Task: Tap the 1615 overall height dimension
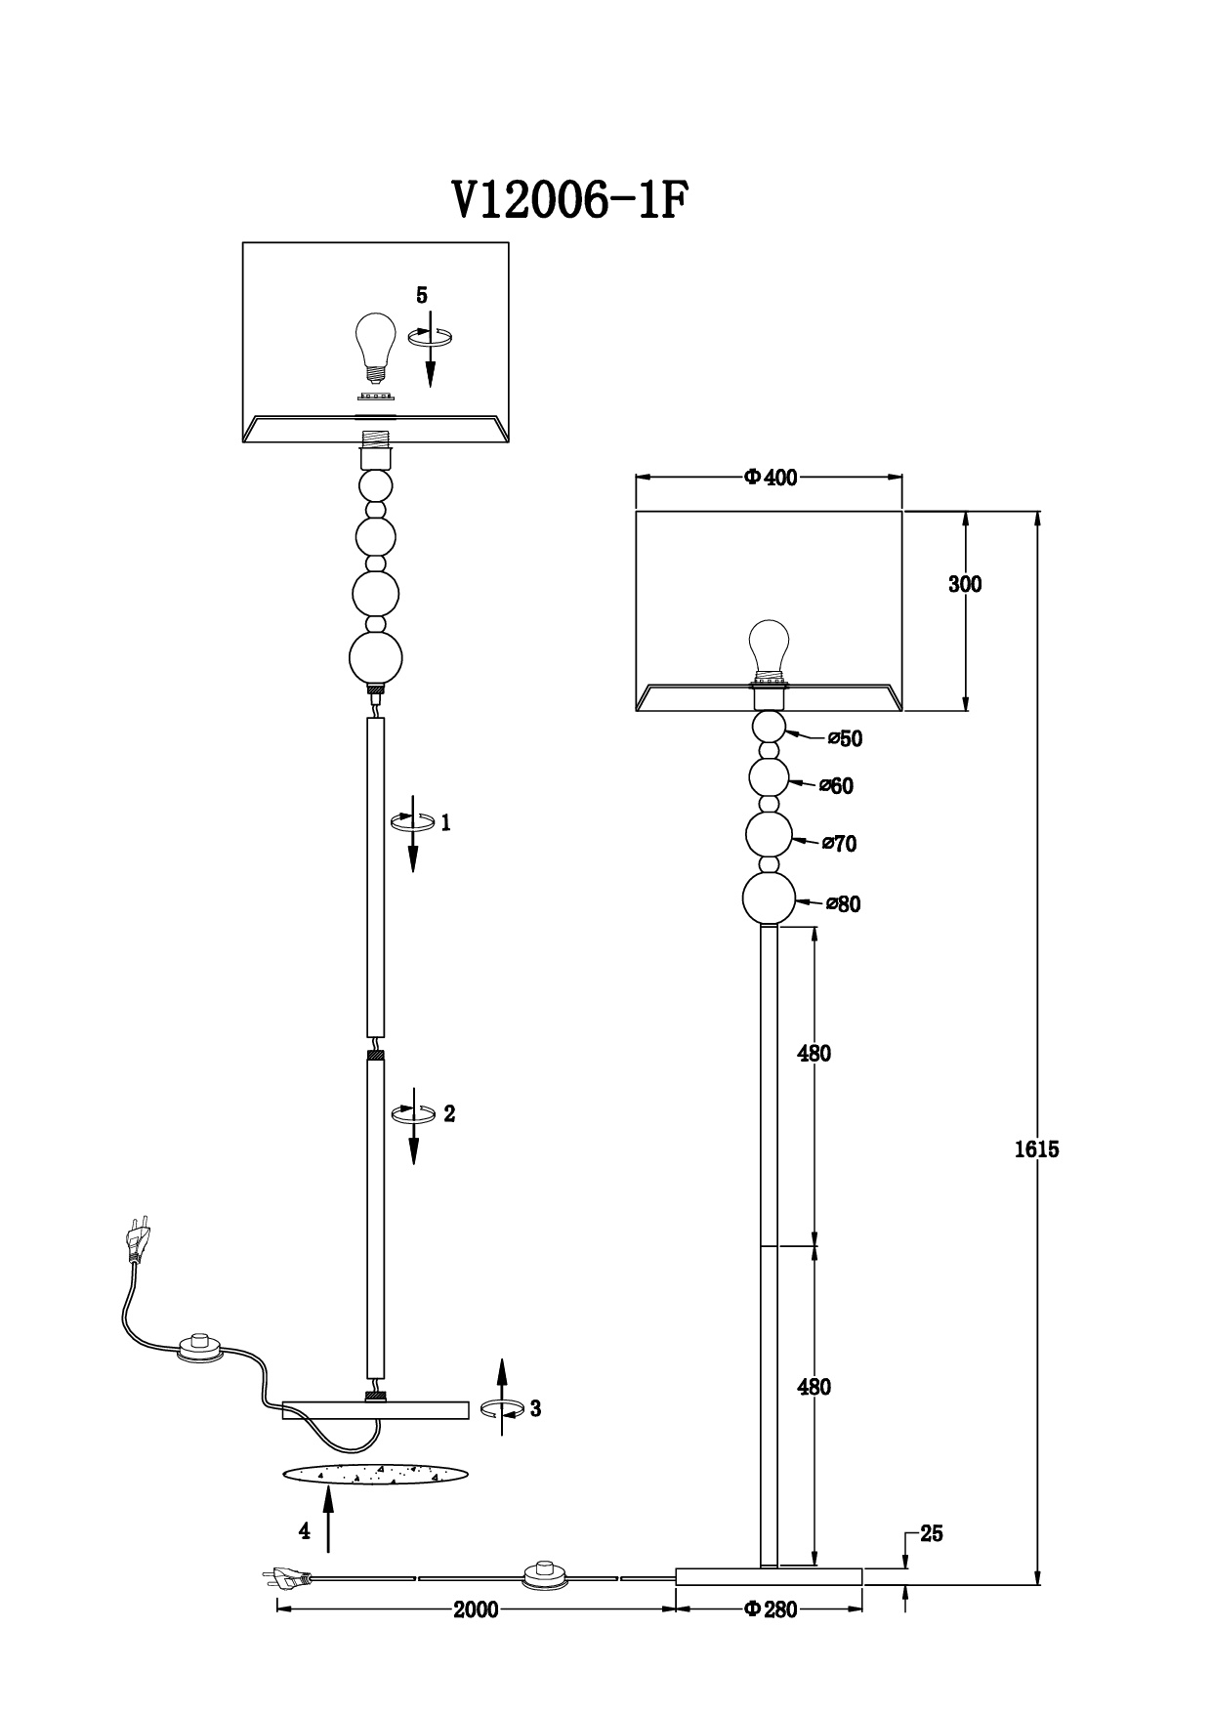pos(1036,1149)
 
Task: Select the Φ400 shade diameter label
pos(771,477)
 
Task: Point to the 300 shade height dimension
pos(965,584)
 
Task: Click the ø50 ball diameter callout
pos(846,738)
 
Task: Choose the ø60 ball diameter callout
pos(837,785)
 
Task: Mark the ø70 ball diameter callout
pos(840,843)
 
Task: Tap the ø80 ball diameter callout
pos(844,903)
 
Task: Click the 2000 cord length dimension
pos(476,1609)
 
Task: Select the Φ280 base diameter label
pos(771,1609)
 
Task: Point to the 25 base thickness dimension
pos(932,1533)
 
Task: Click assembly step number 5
pos(422,294)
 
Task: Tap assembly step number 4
pos(305,1531)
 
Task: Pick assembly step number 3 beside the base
pos(535,1408)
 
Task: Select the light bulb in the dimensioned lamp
pos(769,650)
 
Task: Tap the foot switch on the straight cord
pos(546,1575)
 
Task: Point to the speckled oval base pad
pos(374,1476)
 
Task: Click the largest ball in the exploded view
pos(376,659)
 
